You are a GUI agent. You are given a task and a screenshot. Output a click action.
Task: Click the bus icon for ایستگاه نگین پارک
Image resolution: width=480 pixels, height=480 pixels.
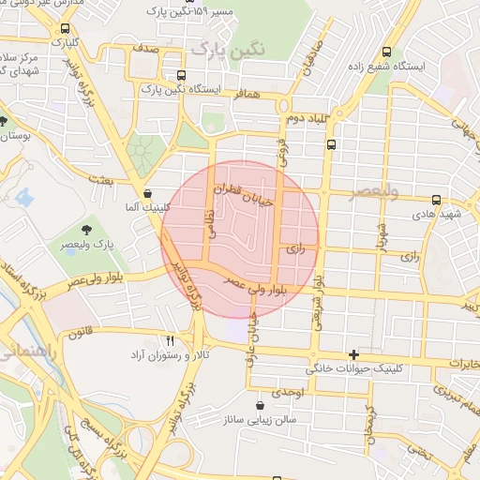click(182, 75)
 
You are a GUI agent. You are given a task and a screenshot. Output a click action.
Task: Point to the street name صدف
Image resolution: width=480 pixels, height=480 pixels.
click(145, 45)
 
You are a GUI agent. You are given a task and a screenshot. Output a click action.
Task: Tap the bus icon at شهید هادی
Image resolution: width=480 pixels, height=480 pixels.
click(436, 200)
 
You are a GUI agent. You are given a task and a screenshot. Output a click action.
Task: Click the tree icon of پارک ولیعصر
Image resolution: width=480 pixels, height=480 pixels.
click(86, 228)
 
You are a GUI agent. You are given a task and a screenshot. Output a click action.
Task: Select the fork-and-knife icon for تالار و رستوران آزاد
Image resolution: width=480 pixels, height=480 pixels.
click(170, 340)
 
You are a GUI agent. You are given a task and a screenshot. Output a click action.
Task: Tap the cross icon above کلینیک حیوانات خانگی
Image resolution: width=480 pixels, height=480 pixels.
click(353, 354)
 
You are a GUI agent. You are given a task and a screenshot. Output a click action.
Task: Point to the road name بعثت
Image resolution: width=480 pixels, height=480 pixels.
click(100, 177)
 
